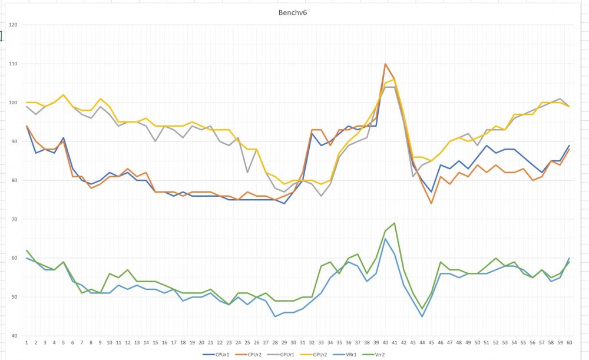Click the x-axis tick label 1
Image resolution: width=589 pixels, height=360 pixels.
tap(27, 342)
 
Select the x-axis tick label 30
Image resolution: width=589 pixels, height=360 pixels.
tap(293, 342)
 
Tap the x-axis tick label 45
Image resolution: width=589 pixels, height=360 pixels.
tap(431, 342)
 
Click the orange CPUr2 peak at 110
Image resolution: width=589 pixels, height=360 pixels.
tap(385, 64)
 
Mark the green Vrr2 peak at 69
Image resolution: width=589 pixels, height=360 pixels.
tap(394, 223)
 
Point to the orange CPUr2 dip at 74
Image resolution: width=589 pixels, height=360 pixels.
tap(431, 203)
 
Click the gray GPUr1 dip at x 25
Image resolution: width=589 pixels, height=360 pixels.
tap(247, 172)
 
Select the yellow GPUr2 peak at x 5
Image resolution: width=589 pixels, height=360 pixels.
tap(64, 95)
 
